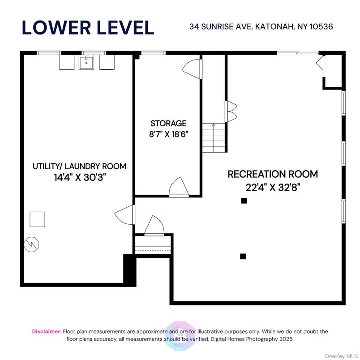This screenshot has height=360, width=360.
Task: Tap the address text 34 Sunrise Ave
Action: [261, 27]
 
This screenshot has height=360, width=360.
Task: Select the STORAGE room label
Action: [168, 123]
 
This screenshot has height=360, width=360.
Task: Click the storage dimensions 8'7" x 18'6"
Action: [168, 133]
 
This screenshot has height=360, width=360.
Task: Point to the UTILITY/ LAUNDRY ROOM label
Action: [79, 166]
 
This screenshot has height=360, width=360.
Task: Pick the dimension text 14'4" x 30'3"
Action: [79, 177]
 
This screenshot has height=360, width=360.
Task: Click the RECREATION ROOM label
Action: [273, 174]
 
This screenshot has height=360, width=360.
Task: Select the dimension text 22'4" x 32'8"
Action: [273, 187]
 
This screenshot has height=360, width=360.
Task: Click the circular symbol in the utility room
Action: [33, 244]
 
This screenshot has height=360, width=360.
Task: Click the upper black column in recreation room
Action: [244, 201]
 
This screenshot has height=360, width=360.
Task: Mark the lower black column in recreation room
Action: [243, 257]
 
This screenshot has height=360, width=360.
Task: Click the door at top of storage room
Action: [192, 68]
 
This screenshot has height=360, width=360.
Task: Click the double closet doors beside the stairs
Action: [231, 112]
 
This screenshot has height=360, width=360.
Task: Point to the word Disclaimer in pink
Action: [47, 331]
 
